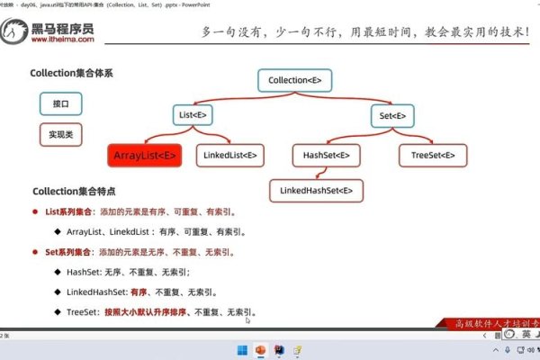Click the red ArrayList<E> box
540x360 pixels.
(145, 155)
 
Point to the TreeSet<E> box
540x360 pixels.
(433, 155)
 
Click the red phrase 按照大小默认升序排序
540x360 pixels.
(149, 311)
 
